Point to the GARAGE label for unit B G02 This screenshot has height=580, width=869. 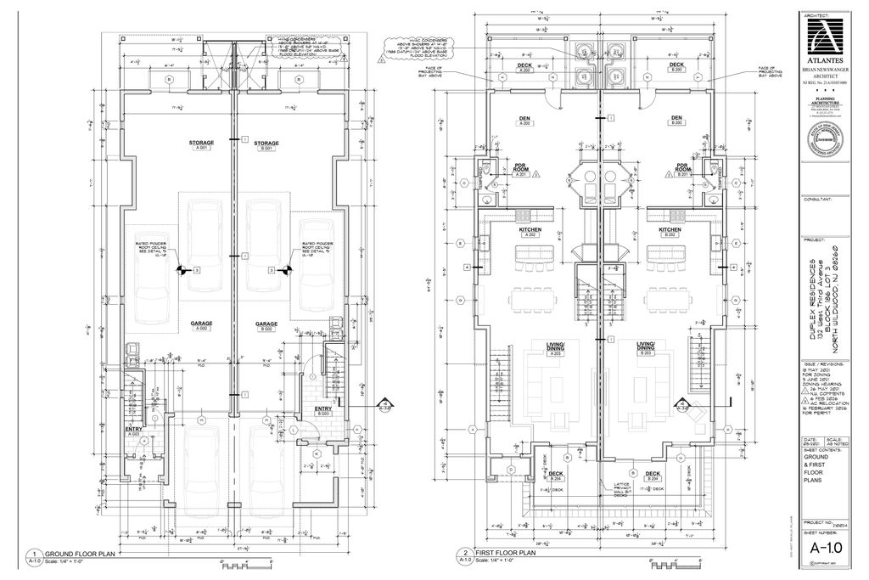(x=267, y=324)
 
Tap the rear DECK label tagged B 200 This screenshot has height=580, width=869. (x=676, y=65)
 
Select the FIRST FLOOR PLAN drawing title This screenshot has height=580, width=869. (x=507, y=552)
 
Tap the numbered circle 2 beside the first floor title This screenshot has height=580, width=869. (x=464, y=552)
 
